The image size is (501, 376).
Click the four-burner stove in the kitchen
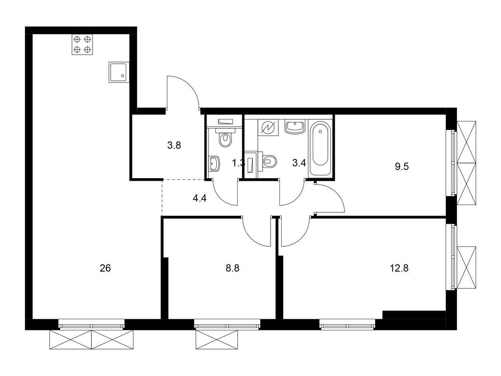coord(82,44)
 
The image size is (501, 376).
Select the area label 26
coord(106,268)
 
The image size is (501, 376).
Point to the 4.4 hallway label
coord(200,198)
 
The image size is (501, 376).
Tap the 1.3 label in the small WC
coord(238,164)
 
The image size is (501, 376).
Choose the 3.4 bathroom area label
coord(299,164)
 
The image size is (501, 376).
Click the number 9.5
coord(402,166)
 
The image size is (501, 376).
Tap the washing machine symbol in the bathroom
coord(269,128)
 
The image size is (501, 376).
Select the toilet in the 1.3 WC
coord(225,139)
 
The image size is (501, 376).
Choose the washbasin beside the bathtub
coord(295,127)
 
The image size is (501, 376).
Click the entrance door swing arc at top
coord(184,91)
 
